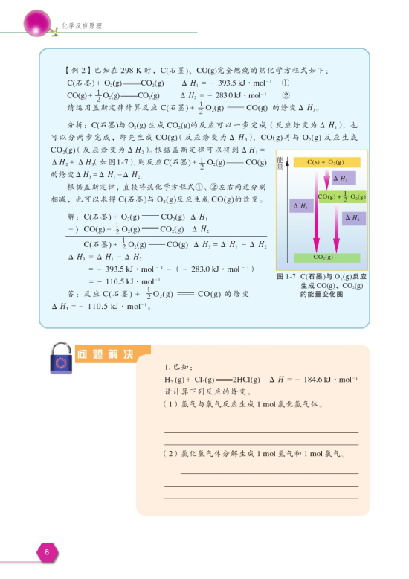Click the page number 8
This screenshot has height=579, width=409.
[x=46, y=552]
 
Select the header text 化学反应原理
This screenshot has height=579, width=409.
[x=82, y=25]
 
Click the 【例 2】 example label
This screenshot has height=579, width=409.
[x=78, y=70]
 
